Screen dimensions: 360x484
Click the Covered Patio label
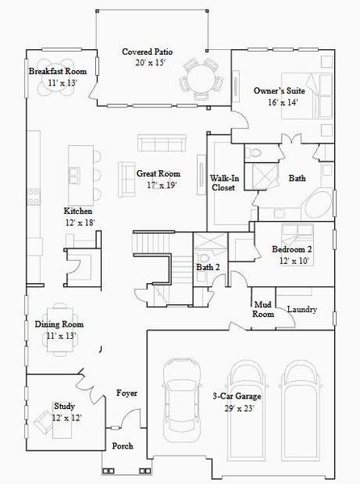[x=147, y=52]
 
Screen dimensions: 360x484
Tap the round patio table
[x=200, y=79]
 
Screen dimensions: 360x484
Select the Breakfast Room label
[x=57, y=71]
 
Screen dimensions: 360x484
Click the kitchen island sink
[x=74, y=175]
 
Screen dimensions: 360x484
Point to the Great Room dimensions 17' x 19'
[x=161, y=186]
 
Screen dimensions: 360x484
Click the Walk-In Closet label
[x=224, y=183]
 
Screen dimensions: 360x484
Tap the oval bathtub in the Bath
[x=319, y=204]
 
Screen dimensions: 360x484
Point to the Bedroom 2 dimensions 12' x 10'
[x=294, y=261]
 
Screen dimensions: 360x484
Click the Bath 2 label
[x=207, y=267]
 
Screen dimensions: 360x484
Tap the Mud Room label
[x=263, y=310]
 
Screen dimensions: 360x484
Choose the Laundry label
[x=302, y=309]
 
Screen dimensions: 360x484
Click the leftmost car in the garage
[x=182, y=400]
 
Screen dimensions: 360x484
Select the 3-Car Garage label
[x=237, y=396]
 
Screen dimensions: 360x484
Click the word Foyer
[x=127, y=393]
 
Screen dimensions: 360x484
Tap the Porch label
[x=123, y=446]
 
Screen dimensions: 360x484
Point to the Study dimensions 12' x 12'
[x=67, y=418]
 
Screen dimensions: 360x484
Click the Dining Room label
[x=59, y=324]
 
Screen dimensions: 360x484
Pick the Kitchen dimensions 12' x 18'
[x=80, y=223]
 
